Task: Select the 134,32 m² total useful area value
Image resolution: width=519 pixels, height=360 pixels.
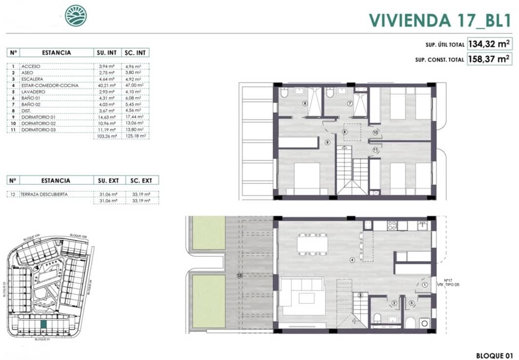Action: click(x=489, y=44)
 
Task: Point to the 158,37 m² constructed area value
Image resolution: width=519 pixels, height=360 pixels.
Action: click(x=489, y=60)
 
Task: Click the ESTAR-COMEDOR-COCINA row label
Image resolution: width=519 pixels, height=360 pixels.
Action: click(x=50, y=85)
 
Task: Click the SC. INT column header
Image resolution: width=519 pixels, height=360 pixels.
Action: click(x=137, y=53)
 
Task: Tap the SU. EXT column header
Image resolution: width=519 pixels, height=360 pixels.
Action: click(x=108, y=180)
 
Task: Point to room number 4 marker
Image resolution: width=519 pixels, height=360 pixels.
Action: click(x=352, y=260)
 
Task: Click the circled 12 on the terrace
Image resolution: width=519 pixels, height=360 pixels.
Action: click(x=239, y=276)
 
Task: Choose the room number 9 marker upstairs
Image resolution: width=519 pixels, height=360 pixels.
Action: click(x=327, y=142)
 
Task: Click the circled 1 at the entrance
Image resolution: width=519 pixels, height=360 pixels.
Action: click(x=424, y=285)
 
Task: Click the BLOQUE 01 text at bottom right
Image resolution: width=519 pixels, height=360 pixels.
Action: click(x=494, y=355)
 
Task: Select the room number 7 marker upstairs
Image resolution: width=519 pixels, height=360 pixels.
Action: click(x=350, y=103)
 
